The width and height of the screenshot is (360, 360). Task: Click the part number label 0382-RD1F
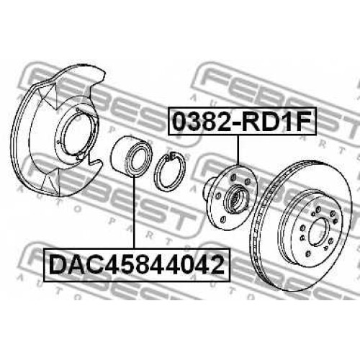click(x=242, y=121)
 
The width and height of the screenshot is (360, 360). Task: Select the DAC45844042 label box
click(x=137, y=264)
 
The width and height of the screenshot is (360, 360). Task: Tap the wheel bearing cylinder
click(x=131, y=156)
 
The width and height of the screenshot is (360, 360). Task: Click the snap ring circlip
click(x=169, y=172)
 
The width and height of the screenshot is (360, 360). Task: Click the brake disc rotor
click(x=300, y=226)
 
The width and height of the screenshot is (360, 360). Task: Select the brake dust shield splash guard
click(x=58, y=130)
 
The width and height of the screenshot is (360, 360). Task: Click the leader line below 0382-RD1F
click(x=238, y=150)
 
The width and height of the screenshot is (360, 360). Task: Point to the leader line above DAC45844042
click(x=134, y=212)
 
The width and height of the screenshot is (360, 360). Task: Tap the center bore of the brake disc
click(x=318, y=232)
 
